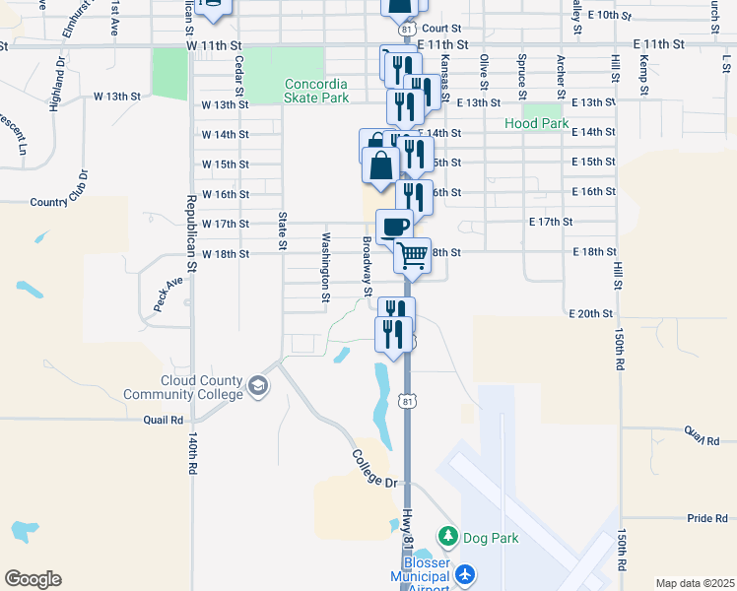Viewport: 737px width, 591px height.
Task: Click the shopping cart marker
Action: (x=413, y=255)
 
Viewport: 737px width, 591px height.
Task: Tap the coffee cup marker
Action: (x=394, y=226)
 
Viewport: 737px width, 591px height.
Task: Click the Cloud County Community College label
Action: (x=183, y=388)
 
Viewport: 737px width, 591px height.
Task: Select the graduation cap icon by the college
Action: (x=258, y=385)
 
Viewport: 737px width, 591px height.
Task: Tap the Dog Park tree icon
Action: (x=448, y=537)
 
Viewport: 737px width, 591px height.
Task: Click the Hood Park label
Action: (x=537, y=124)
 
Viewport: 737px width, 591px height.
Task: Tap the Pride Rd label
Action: (x=706, y=518)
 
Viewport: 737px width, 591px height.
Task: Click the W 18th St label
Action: (x=225, y=253)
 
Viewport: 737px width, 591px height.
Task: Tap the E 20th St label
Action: (x=591, y=313)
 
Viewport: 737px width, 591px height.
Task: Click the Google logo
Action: (x=33, y=579)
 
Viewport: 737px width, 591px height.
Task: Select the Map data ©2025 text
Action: (x=695, y=583)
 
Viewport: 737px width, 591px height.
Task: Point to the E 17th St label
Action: (x=551, y=223)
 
